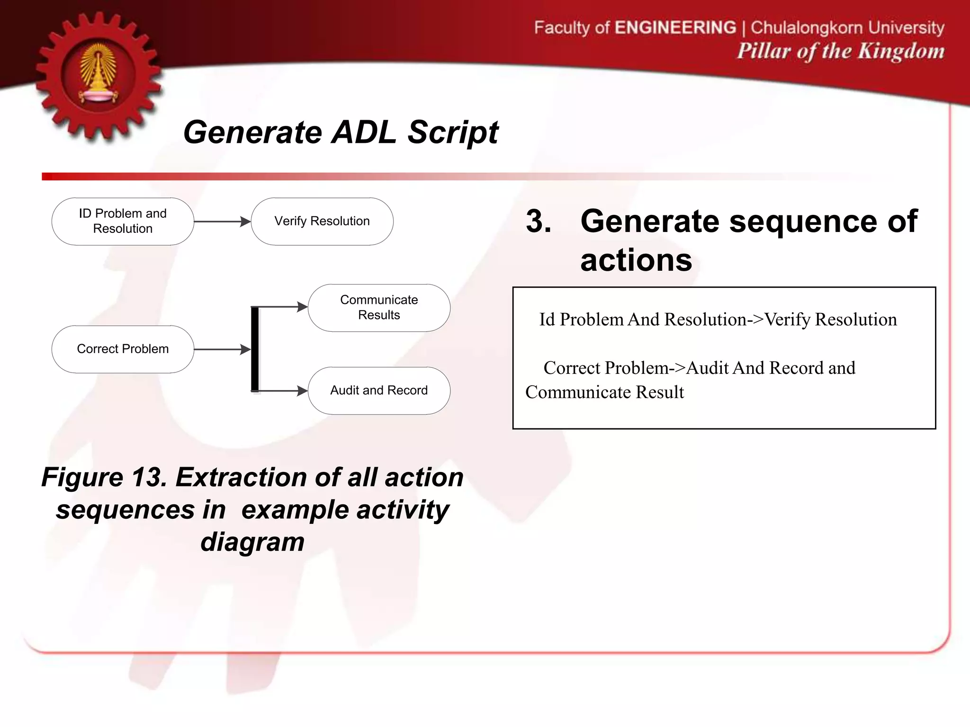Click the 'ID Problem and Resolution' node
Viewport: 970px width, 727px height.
click(x=123, y=221)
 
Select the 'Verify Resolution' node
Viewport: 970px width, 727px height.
click(x=322, y=221)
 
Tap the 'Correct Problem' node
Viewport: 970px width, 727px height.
click(x=123, y=349)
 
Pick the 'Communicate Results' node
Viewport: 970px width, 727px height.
click(x=379, y=308)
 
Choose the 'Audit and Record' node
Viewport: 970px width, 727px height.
click(x=379, y=390)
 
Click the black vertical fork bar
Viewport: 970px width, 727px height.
click(x=255, y=349)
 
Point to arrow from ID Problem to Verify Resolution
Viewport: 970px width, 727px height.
click(x=222, y=222)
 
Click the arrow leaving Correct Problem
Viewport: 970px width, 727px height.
click(x=222, y=349)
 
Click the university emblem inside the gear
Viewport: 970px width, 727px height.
click(x=99, y=74)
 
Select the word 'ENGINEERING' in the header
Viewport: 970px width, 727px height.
click(x=675, y=27)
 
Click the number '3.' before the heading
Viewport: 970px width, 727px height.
click(x=539, y=221)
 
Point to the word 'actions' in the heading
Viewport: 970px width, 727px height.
click(x=636, y=260)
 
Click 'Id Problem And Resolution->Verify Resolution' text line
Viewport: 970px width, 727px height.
click(x=718, y=319)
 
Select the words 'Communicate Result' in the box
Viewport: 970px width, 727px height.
click(x=605, y=392)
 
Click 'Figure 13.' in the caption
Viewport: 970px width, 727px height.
click(x=104, y=477)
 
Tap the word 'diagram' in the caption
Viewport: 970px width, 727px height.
click(x=252, y=541)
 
